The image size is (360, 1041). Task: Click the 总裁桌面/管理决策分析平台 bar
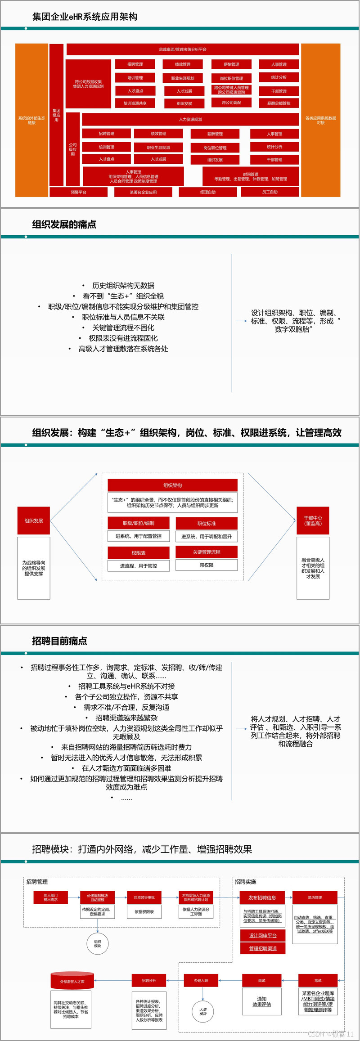[x=183, y=49]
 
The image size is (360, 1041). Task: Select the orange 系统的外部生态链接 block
[x=31, y=120]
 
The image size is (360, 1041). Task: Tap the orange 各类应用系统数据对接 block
[x=320, y=120]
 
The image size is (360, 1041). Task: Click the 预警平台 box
[x=78, y=192]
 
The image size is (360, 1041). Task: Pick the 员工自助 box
[x=270, y=192]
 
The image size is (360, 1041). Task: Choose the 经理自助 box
[x=207, y=192]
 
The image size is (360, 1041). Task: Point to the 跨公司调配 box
[x=231, y=103]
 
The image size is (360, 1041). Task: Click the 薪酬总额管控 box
[x=279, y=103]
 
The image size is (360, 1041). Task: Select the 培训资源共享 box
[x=135, y=103]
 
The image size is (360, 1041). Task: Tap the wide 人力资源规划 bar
[x=190, y=119]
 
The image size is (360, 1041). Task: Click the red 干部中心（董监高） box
[x=313, y=520]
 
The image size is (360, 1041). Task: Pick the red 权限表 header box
[x=139, y=552]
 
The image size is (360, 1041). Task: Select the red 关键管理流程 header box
[x=207, y=552]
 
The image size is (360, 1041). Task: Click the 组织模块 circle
[x=98, y=943]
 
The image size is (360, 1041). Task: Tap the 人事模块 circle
[x=203, y=1011]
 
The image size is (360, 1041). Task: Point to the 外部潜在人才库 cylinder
[x=72, y=981]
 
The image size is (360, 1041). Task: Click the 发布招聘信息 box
[x=262, y=897]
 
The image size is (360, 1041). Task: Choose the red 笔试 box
[x=318, y=980]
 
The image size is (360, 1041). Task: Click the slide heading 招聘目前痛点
[x=60, y=641]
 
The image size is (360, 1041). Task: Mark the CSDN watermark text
[x=331, y=1034]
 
